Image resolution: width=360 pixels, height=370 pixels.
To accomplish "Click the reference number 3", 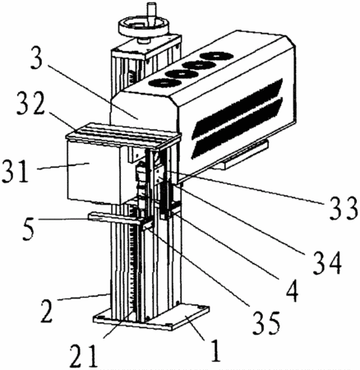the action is [36, 58].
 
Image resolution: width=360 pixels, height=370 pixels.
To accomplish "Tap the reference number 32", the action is [30, 104].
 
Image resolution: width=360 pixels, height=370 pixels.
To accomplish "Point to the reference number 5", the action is [29, 229].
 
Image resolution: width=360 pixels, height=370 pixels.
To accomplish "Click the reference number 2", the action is [47, 311].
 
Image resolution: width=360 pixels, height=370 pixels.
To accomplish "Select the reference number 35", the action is [266, 324].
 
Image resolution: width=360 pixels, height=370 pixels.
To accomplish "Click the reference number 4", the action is [292, 290].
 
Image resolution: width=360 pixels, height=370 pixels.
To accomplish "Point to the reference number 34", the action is [328, 264].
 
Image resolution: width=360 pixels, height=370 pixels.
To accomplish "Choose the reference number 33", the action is [344, 209].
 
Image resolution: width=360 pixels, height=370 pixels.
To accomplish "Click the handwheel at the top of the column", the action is [144, 27].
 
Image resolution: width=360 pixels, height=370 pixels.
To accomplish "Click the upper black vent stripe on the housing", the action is [238, 108].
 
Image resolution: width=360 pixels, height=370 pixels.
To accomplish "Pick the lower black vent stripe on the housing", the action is [237, 128].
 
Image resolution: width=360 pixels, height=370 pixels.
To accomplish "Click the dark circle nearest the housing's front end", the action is [164, 82].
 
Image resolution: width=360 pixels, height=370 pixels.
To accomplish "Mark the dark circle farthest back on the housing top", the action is [216, 56].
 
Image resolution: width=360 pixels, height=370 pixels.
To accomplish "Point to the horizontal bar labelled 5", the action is [117, 218].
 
